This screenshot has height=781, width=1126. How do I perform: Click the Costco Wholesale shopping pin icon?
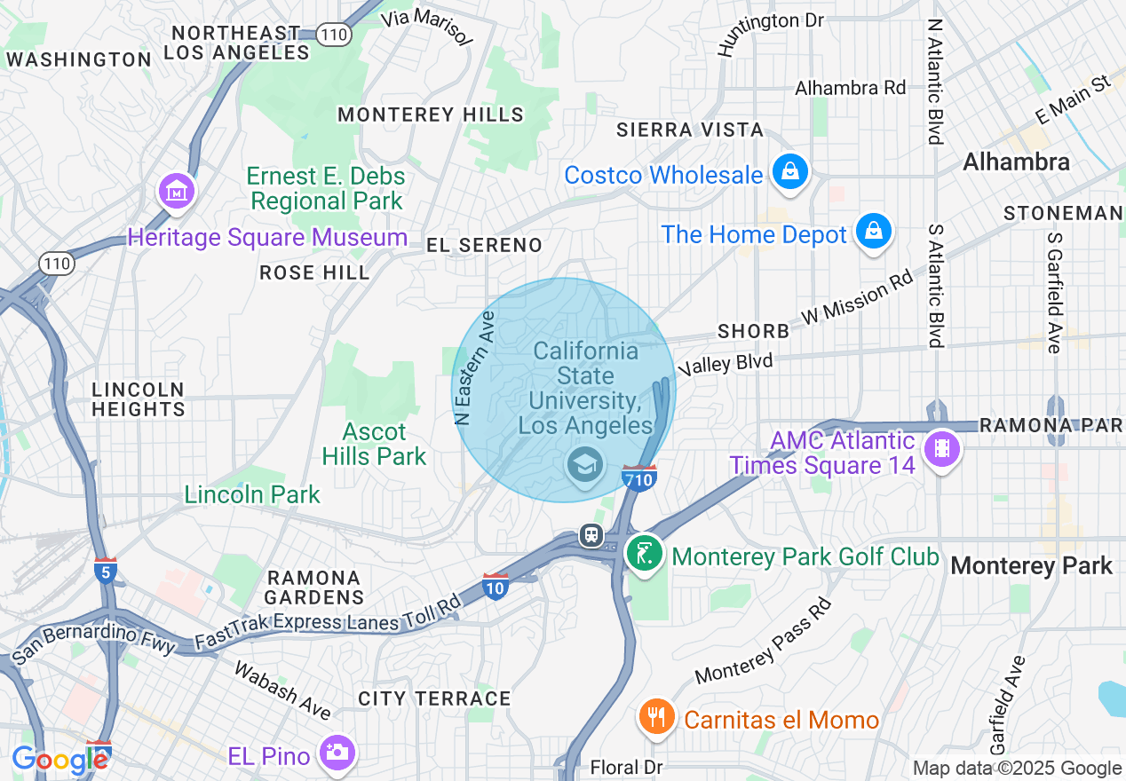[789, 171]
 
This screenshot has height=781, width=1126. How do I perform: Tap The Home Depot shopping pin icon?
[874, 232]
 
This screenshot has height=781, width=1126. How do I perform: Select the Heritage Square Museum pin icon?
[176, 191]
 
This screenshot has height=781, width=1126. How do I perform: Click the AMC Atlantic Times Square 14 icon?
[941, 449]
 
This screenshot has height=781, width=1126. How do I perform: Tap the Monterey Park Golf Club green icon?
[646, 554]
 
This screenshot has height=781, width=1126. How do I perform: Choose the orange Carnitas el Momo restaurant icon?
[656, 716]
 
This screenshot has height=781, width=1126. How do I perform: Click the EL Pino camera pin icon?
[337, 753]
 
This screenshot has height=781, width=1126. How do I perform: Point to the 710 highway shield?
[639, 478]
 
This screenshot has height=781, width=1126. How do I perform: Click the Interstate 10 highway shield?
[496, 585]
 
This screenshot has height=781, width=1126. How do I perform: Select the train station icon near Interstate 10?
[591, 535]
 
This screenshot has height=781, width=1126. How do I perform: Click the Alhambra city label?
[1016, 162]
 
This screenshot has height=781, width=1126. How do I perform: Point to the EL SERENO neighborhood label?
[483, 245]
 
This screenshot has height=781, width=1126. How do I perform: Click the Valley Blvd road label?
[726, 365]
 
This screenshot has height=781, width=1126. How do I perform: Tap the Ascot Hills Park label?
[374, 445]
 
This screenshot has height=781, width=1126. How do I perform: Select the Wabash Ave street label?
[281, 690]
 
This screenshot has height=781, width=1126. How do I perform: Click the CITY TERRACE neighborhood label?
[434, 698]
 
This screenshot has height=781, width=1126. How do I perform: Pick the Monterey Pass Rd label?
[764, 642]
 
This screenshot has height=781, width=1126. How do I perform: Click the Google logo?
[59, 760]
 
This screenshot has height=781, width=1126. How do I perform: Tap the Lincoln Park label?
[251, 494]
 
